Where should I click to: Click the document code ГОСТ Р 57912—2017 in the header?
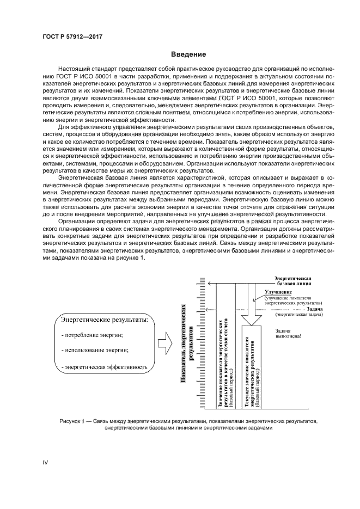click(73, 36)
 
